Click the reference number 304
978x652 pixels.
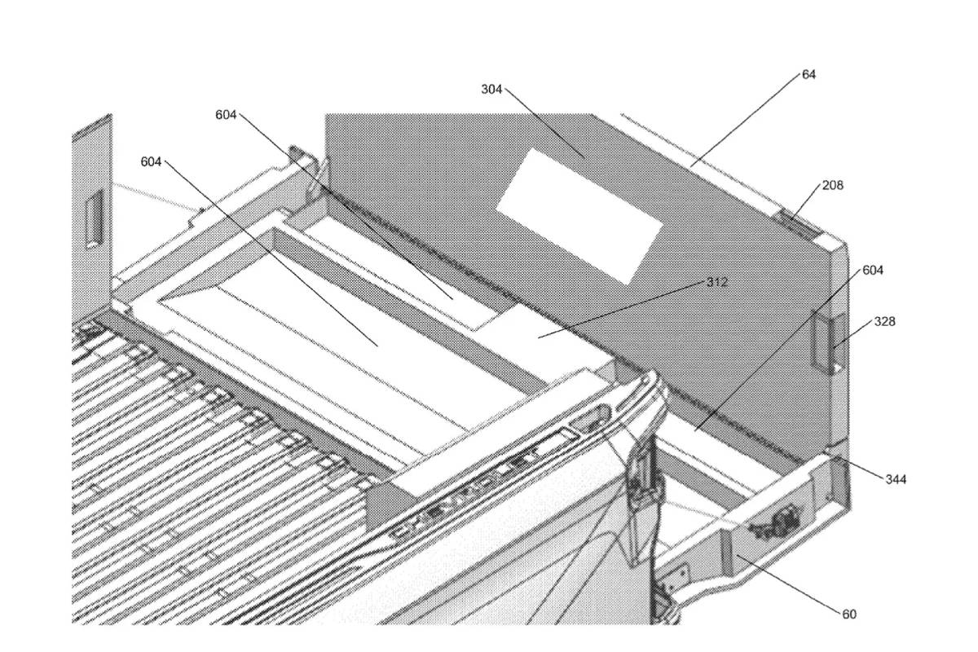pyautogui.click(x=491, y=89)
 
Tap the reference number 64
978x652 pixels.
pyautogui.click(x=808, y=74)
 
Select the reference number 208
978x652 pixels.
pyautogui.click(x=832, y=185)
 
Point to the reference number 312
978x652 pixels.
pyautogui.click(x=717, y=282)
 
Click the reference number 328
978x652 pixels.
pyautogui.click(x=885, y=321)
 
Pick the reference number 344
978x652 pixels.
pyautogui.click(x=896, y=479)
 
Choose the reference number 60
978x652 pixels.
pyautogui.click(x=849, y=614)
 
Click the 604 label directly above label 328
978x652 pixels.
pyautogui.click(x=872, y=270)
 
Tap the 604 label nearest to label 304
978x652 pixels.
pyautogui.click(x=226, y=115)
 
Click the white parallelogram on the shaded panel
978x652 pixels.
pyautogui.click(x=579, y=216)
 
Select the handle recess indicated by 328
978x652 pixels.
pyautogui.click(x=832, y=345)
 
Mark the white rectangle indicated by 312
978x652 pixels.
pyautogui.click(x=538, y=335)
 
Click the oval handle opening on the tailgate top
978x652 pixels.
pyautogui.click(x=590, y=416)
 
